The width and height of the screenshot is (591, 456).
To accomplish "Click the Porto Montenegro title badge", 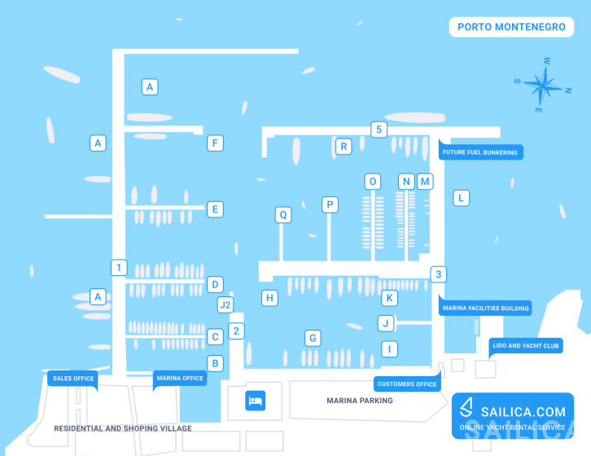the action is tap(511, 27).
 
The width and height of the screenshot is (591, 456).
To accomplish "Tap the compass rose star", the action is tap(543, 85).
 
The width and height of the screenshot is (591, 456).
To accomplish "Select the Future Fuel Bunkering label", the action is tap(480, 151).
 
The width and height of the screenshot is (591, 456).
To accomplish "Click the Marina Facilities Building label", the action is tap(485, 308).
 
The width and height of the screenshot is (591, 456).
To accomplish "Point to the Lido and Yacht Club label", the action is tap(525, 345).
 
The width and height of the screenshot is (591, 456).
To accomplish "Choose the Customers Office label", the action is tap(407, 384).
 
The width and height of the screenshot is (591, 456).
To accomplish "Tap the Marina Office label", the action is tap(180, 379).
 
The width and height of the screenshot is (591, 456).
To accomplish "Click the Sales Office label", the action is tap(73, 379).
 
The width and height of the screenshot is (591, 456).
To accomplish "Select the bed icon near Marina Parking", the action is tap(255, 401).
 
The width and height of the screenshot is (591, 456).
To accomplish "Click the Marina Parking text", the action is tap(360, 401).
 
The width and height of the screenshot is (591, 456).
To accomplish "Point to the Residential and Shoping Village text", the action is tap(123, 428).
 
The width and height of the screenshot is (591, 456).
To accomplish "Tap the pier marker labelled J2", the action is tap(225, 305).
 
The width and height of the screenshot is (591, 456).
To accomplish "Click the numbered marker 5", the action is tap(379, 129).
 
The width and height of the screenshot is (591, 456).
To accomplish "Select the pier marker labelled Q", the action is tap(283, 215).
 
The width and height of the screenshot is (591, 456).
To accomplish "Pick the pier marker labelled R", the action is tap(344, 147).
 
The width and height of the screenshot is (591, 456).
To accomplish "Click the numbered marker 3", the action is tap(438, 274).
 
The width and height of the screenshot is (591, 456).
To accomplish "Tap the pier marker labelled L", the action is tap(461, 198).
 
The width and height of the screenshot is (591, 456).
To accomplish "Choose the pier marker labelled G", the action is tap(313, 338).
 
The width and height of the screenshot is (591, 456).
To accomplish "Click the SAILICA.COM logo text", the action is tap(523, 412).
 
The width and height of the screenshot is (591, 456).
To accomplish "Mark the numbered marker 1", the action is tap(119, 267).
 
